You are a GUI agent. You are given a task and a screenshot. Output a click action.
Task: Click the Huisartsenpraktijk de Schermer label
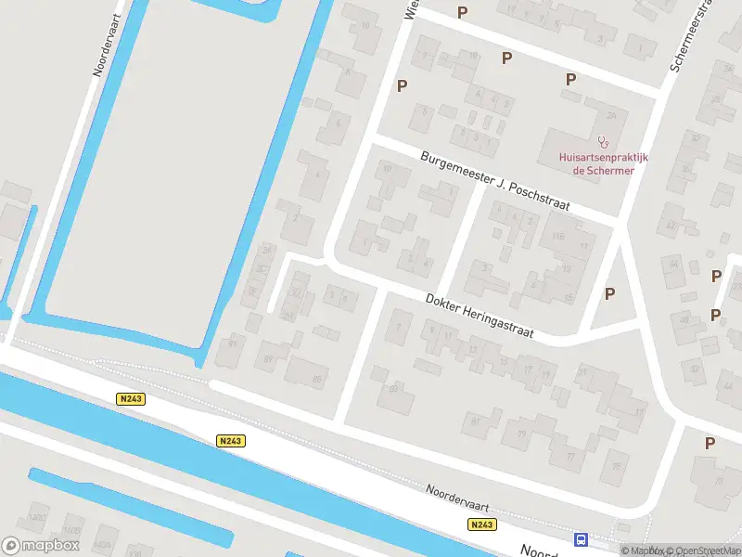604,163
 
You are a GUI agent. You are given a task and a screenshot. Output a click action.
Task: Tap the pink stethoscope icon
604,142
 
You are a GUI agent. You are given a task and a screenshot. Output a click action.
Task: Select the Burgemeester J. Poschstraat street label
494,181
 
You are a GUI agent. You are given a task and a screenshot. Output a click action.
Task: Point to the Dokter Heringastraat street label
480,317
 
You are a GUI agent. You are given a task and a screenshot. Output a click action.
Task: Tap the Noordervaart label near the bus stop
457,497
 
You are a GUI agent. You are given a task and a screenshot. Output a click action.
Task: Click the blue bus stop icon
582,539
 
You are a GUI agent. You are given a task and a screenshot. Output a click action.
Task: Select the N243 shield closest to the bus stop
481,525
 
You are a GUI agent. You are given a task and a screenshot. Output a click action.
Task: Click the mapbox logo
41,545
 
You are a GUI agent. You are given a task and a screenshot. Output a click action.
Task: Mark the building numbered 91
233,345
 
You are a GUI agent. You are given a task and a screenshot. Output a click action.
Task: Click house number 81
476,421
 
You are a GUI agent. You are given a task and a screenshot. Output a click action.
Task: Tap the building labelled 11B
558,238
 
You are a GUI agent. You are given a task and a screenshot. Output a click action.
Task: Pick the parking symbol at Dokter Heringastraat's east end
609,293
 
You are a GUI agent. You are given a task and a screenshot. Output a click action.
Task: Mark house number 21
582,372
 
